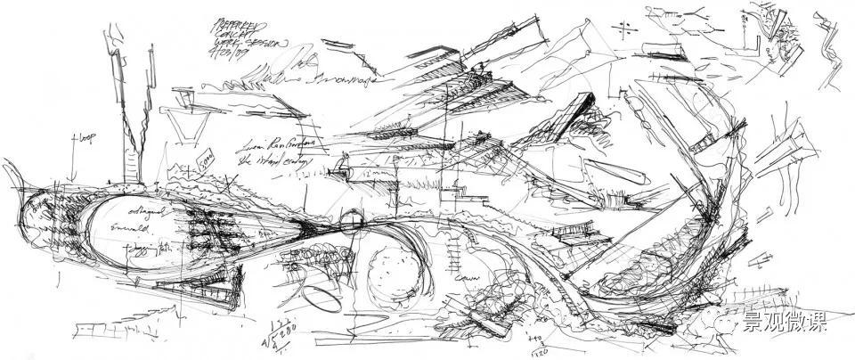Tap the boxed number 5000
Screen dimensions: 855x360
203,164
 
